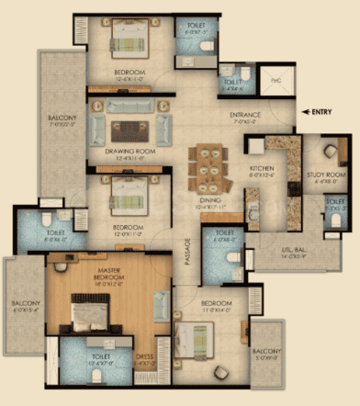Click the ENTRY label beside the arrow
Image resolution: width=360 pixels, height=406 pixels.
pos(322,111)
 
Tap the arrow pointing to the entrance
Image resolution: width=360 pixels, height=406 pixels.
pos(305,111)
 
